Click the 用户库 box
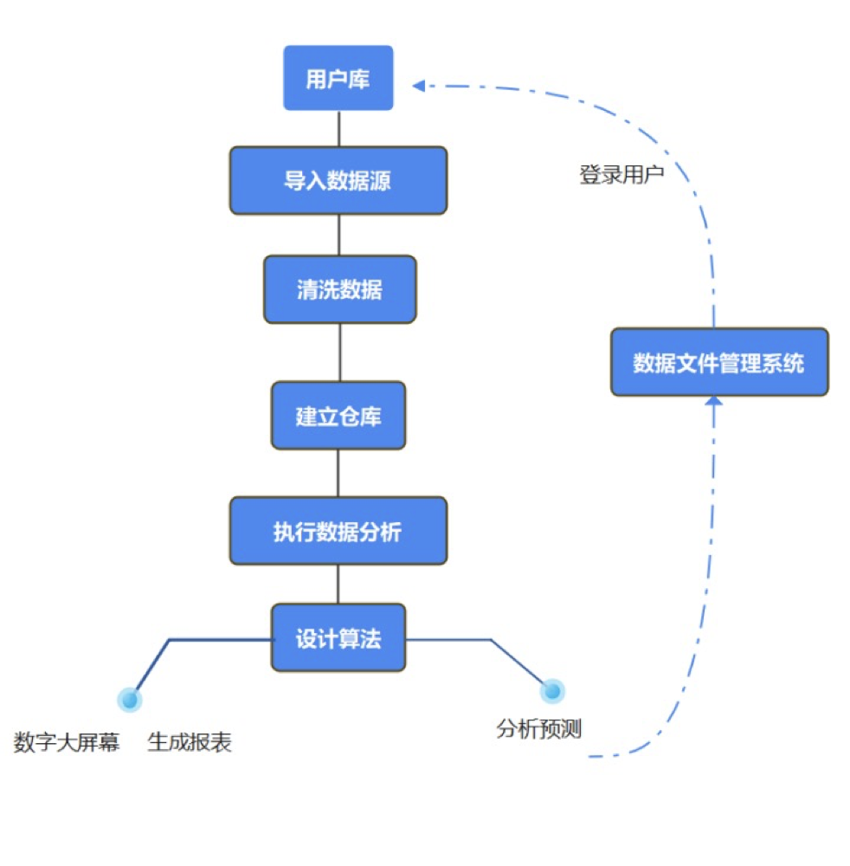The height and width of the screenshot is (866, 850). coord(338,78)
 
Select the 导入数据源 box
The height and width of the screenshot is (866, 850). coord(338,180)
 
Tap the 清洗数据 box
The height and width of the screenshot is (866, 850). coord(339,289)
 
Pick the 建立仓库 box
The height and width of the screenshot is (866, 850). coord(338,416)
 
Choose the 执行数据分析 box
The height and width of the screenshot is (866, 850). coord(338,531)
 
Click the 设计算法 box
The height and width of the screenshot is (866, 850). coord(338,638)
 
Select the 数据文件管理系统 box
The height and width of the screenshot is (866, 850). coord(719,362)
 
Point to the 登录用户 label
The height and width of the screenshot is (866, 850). coord(621,175)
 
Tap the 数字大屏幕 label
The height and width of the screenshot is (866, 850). coord(67,743)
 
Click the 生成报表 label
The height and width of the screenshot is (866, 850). coord(190,743)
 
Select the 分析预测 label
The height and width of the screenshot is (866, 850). coord(538,729)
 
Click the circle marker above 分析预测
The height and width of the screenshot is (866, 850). coord(551,691)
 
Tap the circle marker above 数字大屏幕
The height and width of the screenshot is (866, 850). coord(130,699)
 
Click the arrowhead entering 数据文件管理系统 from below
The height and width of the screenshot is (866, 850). coord(713,402)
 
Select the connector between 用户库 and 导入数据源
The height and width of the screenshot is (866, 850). coord(338,128)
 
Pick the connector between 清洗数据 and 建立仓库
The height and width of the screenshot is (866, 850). coord(338,352)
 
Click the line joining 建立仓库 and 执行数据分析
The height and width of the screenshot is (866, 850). coord(338,473)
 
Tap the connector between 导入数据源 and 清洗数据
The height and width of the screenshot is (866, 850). coord(338,235)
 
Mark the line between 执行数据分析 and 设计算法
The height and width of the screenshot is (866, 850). coord(338,584)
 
